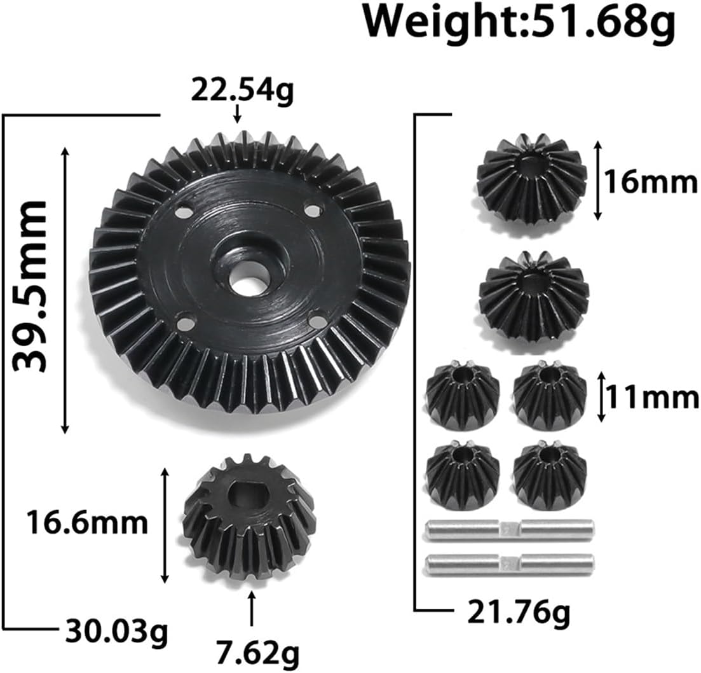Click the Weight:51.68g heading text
tap(519, 22)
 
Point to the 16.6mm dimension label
tap(86, 523)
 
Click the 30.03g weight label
tap(117, 632)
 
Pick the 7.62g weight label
tap(257, 653)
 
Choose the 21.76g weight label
tap(519, 614)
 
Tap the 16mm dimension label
tap(651, 183)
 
